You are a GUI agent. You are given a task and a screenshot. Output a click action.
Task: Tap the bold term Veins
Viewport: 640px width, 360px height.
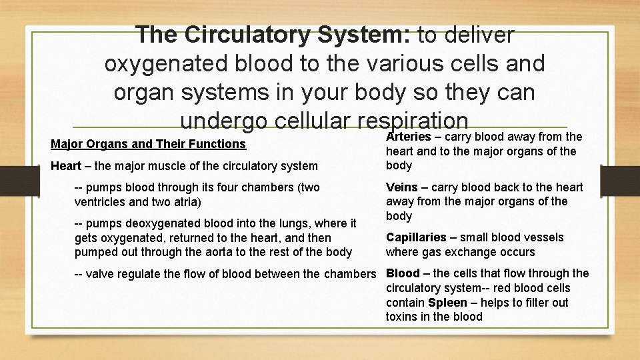pos(402,187)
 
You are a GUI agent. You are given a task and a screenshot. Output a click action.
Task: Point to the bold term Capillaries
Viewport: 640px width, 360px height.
pos(415,237)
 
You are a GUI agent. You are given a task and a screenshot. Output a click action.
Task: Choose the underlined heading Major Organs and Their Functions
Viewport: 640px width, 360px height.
pos(148,144)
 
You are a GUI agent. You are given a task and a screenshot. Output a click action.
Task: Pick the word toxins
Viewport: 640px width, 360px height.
pos(403,317)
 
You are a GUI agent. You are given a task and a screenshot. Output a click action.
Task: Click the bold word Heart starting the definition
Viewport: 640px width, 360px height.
pos(65,165)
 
